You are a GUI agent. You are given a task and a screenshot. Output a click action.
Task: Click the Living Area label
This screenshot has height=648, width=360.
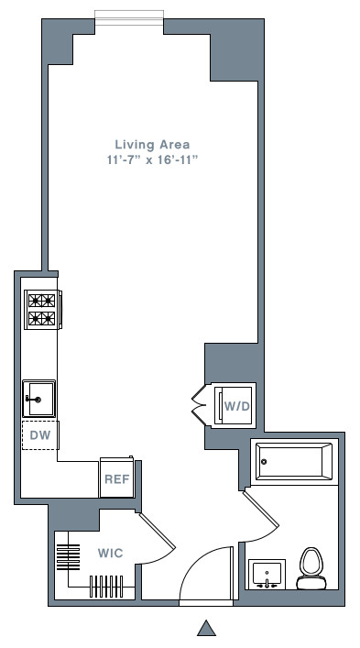point(152,144)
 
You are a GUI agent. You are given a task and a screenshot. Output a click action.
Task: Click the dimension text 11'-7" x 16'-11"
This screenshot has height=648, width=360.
point(152,160)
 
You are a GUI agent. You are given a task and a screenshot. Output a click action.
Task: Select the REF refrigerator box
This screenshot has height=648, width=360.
point(116,478)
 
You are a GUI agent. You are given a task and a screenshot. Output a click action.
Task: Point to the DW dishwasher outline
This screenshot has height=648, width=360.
point(39,434)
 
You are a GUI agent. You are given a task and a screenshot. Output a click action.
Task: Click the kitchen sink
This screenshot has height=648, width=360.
point(39,399)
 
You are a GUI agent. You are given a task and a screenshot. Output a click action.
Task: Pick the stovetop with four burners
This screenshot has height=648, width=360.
point(41,309)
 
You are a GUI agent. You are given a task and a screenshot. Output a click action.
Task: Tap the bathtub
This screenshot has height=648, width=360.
point(294,462)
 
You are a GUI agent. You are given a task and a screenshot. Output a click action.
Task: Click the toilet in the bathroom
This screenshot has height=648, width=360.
point(311,568)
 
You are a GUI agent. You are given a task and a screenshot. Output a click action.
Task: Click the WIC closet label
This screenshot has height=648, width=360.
point(111,554)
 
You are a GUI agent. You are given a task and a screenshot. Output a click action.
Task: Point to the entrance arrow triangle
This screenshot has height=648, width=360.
point(207,628)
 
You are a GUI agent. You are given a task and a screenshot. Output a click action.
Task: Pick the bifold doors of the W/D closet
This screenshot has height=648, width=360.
point(200,404)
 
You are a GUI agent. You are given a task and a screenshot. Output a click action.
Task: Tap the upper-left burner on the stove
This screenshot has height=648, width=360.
point(35,300)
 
